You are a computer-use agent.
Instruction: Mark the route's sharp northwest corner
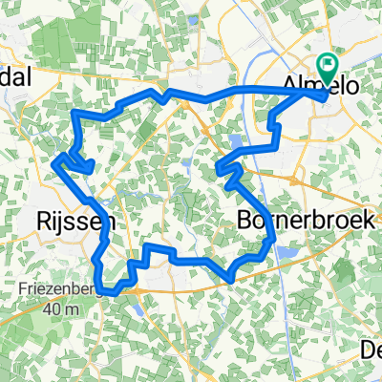(75, 113)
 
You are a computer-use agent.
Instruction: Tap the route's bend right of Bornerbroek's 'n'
(276, 246)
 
